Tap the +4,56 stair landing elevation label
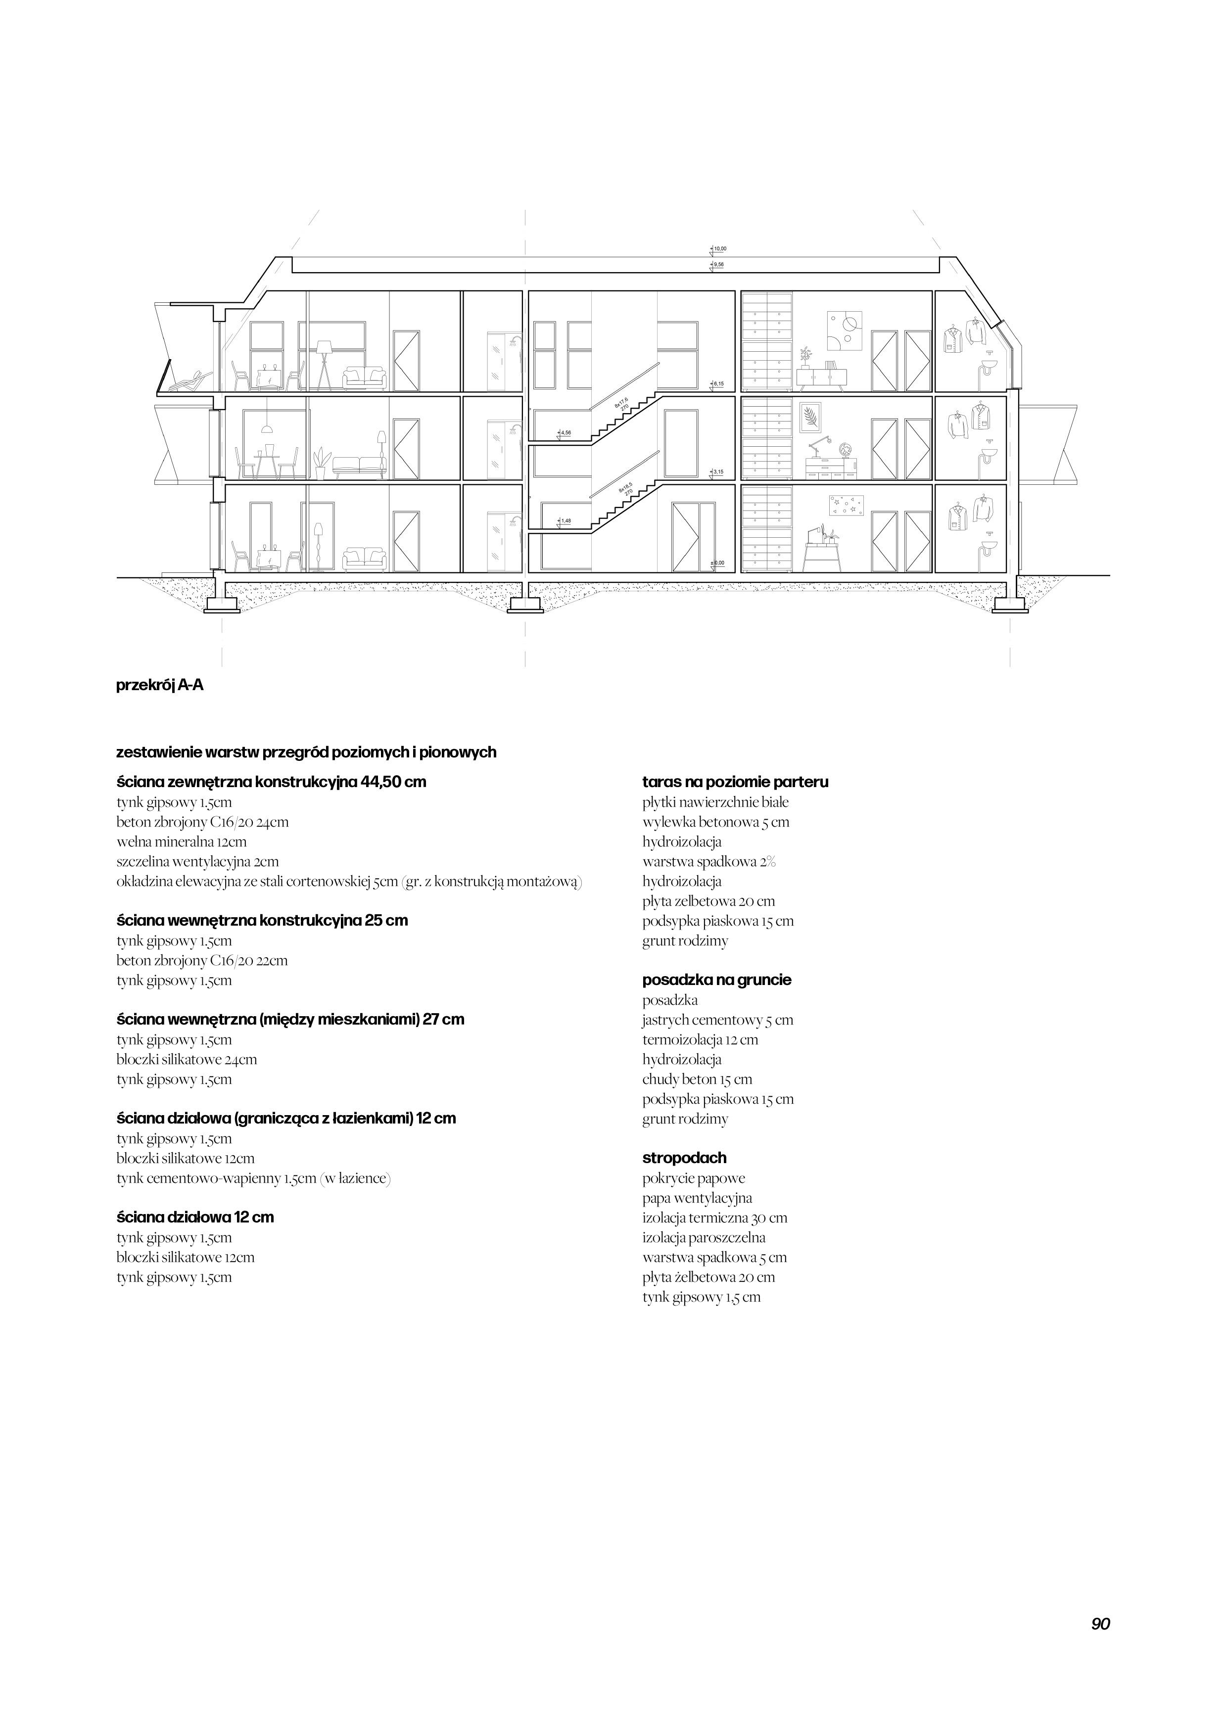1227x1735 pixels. tap(564, 433)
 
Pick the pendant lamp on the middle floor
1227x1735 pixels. tap(266, 428)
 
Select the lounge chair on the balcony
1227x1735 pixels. tap(188, 381)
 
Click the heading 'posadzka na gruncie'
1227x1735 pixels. tap(716, 980)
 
